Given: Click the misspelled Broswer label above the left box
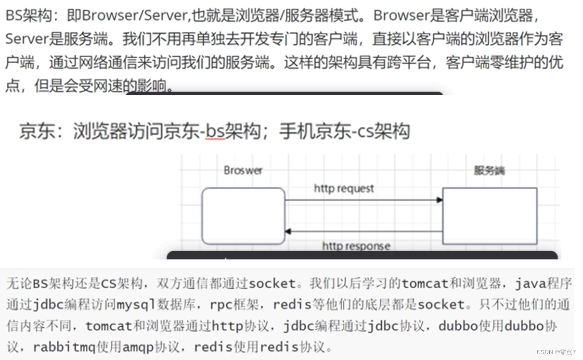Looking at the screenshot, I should tap(243, 170).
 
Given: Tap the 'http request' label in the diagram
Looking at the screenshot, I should tap(344, 188).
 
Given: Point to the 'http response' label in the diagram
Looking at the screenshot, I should tap(356, 246).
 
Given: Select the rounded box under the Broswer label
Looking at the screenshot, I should tap(243, 216).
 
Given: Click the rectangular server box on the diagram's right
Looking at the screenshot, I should tap(489, 216).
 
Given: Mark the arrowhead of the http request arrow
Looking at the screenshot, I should tap(440, 200).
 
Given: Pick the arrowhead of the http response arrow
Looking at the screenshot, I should tap(288, 231).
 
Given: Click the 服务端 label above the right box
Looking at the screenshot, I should tap(489, 170).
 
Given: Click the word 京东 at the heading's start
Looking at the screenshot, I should tap(37, 131).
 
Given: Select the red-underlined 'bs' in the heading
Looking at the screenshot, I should tap(215, 131).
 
